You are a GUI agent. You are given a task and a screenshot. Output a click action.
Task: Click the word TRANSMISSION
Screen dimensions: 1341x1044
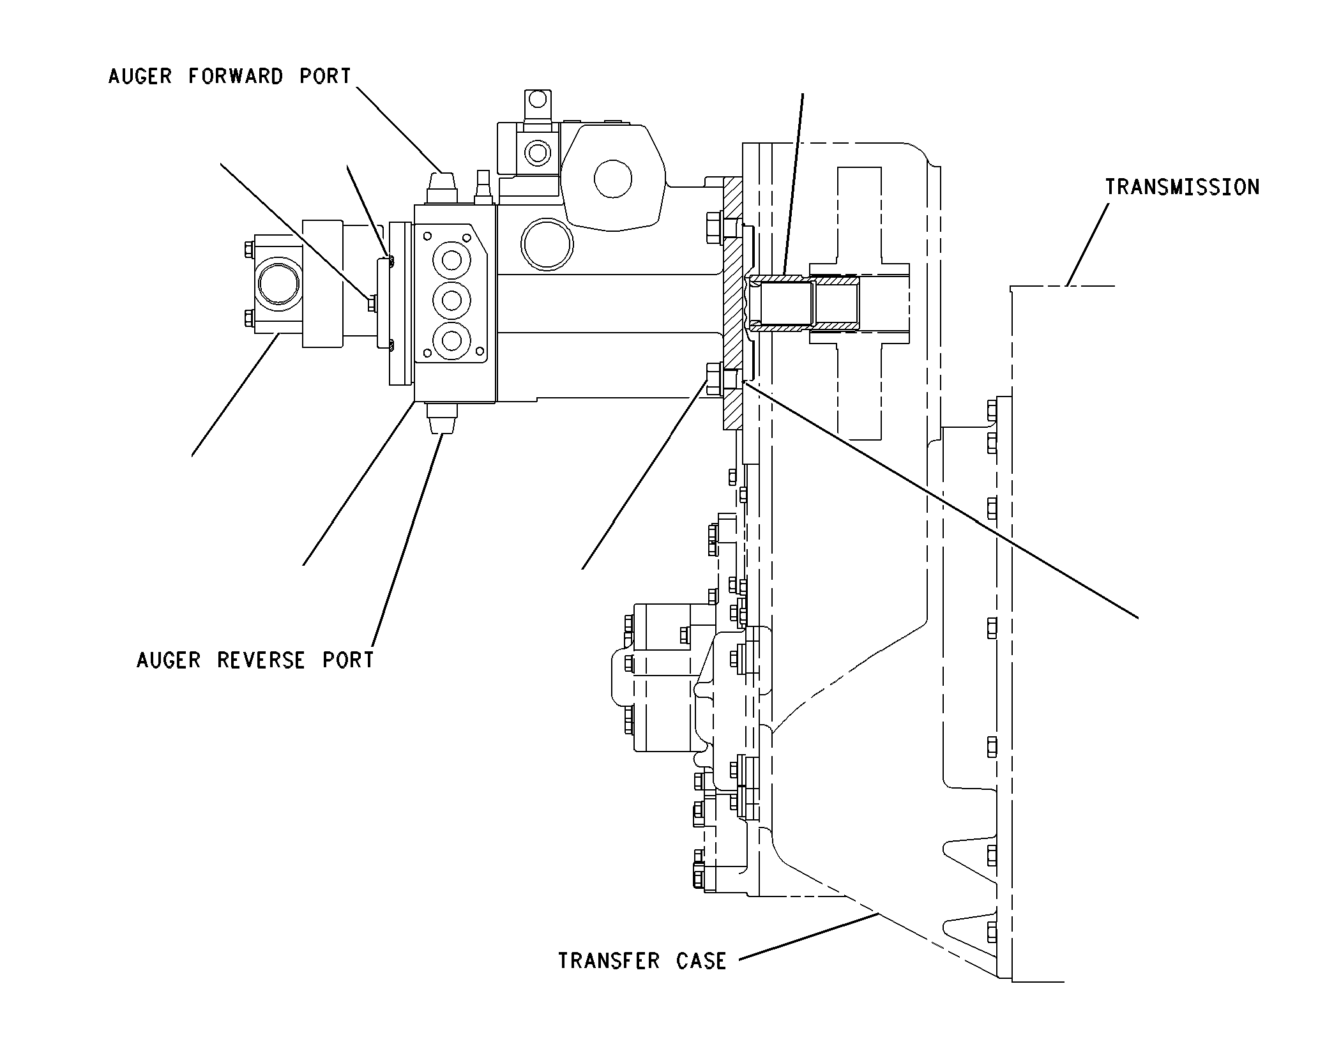pos(1182,187)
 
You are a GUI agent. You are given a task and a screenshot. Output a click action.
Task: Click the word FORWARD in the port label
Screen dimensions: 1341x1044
pos(236,77)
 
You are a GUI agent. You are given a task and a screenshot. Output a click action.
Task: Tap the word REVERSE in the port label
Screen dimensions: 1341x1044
pos(261,660)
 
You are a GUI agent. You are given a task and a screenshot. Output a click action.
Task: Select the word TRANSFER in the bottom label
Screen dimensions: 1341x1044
pos(610,961)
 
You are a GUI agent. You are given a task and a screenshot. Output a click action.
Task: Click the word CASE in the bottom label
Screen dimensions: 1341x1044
pos(701,961)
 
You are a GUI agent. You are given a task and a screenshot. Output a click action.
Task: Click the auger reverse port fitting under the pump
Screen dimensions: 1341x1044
pos(441,418)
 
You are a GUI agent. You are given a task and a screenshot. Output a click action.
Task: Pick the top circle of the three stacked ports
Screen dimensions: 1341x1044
pos(451,261)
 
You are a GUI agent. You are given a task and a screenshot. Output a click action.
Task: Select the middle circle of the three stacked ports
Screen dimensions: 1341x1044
pos(451,300)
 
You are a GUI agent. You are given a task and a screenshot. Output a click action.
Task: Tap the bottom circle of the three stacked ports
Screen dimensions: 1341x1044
pos(451,340)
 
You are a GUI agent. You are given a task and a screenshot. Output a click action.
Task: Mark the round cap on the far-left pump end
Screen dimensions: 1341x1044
pos(278,282)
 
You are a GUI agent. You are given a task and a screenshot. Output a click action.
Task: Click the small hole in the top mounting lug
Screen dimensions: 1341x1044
pos(538,100)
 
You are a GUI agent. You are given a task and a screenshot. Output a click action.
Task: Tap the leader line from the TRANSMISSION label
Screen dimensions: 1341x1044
pos(1087,245)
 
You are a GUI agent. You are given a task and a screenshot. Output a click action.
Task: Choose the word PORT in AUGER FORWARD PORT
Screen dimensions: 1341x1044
pos(326,77)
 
